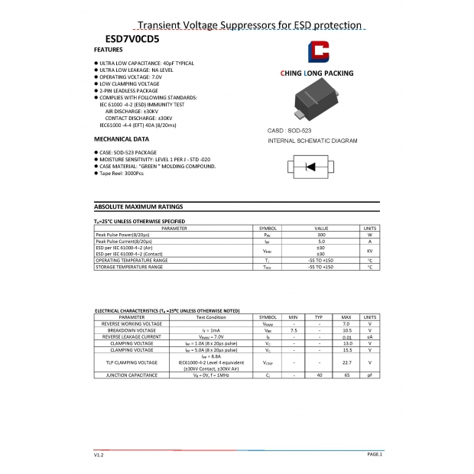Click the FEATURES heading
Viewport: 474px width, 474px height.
tap(108, 50)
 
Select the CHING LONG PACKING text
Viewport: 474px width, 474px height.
tap(317, 73)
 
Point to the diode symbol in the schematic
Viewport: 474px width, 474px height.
tap(311, 167)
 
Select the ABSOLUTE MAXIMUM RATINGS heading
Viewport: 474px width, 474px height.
tap(138, 206)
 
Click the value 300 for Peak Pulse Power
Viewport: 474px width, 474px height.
tap(321, 235)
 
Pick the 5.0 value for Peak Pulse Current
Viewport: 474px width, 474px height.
tap(321, 242)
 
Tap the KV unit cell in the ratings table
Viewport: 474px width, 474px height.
tap(369, 251)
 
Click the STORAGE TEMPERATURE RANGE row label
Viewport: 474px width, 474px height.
tap(129, 267)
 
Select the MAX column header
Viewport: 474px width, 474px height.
tap(346, 317)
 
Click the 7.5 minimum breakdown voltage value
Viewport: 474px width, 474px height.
tap(294, 330)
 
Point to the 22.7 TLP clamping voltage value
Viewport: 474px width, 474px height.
tap(346, 362)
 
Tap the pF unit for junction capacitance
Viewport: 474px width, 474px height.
tap(369, 375)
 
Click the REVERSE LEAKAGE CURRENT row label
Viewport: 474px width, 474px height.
tap(131, 336)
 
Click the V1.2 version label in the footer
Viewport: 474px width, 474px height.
tap(99, 454)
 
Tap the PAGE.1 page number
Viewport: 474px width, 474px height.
tap(375, 454)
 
